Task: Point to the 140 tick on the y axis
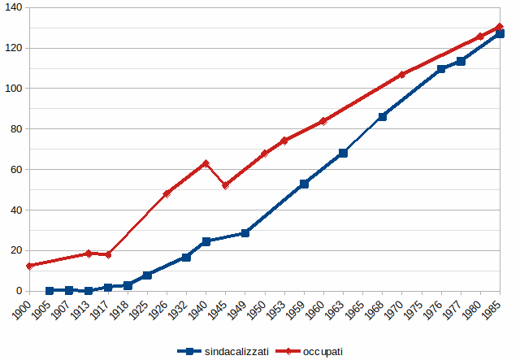pyautogui.click(x=15, y=7)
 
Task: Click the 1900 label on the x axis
pyautogui.click(x=25, y=310)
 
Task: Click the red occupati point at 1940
pyautogui.click(x=206, y=163)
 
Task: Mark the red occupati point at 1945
pyautogui.click(x=225, y=185)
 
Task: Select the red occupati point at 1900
pyautogui.click(x=30, y=266)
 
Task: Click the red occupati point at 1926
pyautogui.click(x=167, y=193)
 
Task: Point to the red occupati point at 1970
pyautogui.click(x=401, y=75)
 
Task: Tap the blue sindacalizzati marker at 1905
pyautogui.click(x=50, y=290)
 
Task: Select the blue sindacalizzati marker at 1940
pyautogui.click(x=206, y=241)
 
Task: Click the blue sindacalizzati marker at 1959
pyautogui.click(x=304, y=184)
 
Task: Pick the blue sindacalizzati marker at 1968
pyautogui.click(x=382, y=116)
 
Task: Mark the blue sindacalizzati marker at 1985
pyautogui.click(x=500, y=34)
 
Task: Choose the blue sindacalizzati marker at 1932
pyautogui.click(x=186, y=257)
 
